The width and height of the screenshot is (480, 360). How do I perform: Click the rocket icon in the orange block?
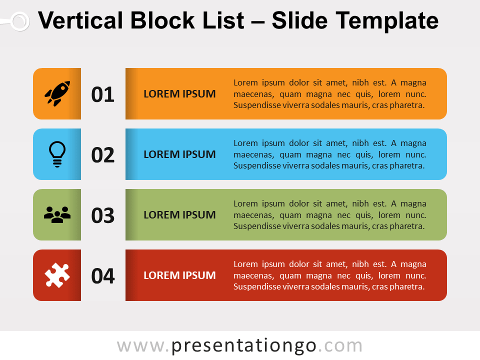pyautogui.click(x=57, y=93)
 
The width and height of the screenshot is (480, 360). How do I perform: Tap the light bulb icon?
pyautogui.click(x=57, y=153)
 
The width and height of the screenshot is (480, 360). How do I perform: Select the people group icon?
pyautogui.click(x=57, y=214)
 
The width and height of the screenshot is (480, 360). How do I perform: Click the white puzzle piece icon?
pyautogui.click(x=57, y=275)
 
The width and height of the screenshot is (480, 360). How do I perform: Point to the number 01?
pyautogui.click(x=103, y=94)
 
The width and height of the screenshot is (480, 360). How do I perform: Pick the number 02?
pyautogui.click(x=103, y=155)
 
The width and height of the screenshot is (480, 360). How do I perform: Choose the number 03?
pyautogui.click(x=103, y=215)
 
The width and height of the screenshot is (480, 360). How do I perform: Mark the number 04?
pyautogui.click(x=103, y=276)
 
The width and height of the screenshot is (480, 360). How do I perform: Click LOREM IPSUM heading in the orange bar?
pyautogui.click(x=179, y=94)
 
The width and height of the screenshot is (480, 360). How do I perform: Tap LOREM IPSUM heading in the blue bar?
pyautogui.click(x=179, y=154)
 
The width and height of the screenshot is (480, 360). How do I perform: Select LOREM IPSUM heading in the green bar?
pyautogui.click(x=179, y=215)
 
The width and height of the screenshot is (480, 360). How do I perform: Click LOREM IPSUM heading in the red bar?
pyautogui.click(x=179, y=275)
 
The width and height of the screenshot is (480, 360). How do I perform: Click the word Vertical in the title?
pyautogui.click(x=80, y=21)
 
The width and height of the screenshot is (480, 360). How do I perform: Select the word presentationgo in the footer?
pyautogui.click(x=243, y=345)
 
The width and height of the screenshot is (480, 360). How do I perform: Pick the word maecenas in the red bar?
pyautogui.click(x=253, y=275)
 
